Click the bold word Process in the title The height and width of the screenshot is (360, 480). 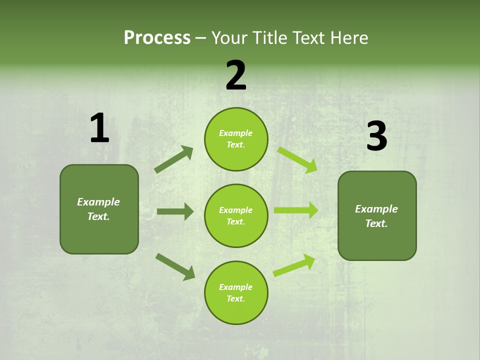pos(157,38)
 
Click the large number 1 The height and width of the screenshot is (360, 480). pos(99,128)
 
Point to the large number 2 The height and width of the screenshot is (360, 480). pos(236,75)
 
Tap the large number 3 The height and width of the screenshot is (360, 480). pos(376,137)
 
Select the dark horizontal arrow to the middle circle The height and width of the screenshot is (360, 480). pos(175,211)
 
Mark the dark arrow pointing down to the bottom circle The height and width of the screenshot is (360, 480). pos(175,266)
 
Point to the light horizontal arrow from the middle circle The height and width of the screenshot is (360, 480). pos(296,210)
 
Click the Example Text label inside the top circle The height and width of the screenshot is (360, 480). pos(236,139)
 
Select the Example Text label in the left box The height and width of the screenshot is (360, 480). pos(99,209)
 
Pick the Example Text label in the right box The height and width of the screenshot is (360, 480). pos(377,216)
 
